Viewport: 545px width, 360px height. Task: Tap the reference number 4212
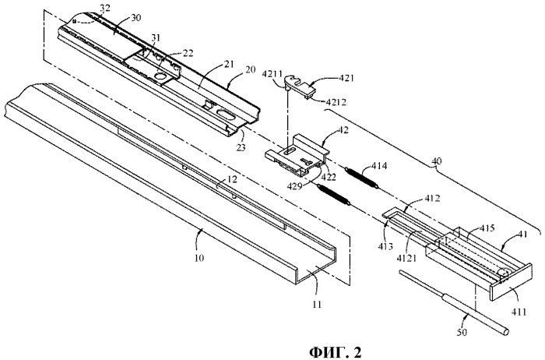337,102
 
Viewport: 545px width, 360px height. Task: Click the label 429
296,185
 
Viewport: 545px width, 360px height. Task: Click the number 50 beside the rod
462,333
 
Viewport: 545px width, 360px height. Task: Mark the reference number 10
199,258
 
